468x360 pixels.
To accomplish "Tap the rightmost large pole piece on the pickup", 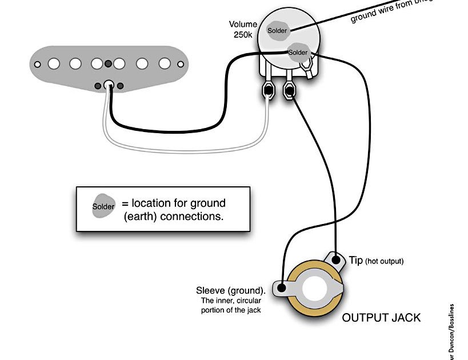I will click(x=165, y=63).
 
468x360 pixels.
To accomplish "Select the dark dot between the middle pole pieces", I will click(x=108, y=62).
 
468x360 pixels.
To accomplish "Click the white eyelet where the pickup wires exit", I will click(x=107, y=85).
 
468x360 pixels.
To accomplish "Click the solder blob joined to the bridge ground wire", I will click(x=278, y=31).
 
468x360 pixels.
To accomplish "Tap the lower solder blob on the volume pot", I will click(x=297, y=52).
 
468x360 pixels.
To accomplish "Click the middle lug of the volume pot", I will click(x=288, y=90).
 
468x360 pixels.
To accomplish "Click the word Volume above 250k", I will click(x=242, y=25).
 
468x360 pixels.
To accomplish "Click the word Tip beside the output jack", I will click(x=355, y=261).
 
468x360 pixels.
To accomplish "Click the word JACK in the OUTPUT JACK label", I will click(x=403, y=317).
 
